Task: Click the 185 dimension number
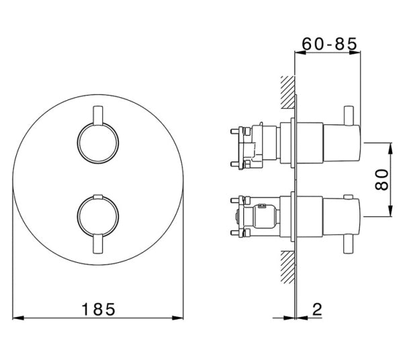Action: pyautogui.click(x=99, y=309)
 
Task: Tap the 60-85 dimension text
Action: pyautogui.click(x=328, y=42)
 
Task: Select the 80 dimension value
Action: pyautogui.click(x=383, y=179)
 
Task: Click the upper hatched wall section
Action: pyautogui.click(x=287, y=92)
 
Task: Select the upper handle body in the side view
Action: pyautogui.click(x=329, y=142)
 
